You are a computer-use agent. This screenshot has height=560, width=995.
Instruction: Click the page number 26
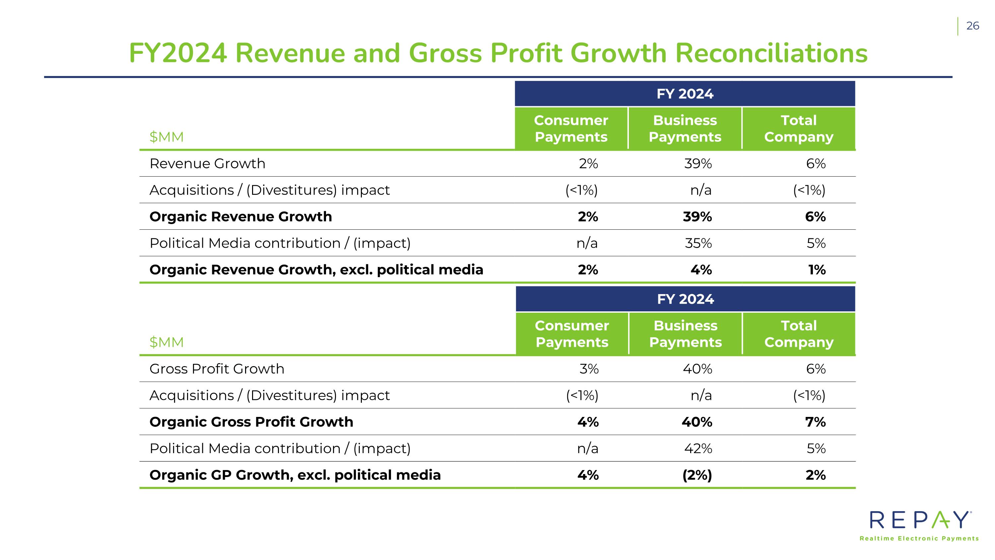[x=972, y=26]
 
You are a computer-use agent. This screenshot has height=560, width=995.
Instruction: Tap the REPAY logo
[x=920, y=520]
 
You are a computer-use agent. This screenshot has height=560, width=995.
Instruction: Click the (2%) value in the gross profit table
[x=697, y=475]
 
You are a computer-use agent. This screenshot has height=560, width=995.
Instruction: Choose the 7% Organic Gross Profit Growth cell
[x=815, y=422]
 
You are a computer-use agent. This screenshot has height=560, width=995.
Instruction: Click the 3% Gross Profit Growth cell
[x=589, y=369]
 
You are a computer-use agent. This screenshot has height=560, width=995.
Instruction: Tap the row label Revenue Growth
[x=207, y=163]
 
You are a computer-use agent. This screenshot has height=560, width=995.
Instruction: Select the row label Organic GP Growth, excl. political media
[x=295, y=475]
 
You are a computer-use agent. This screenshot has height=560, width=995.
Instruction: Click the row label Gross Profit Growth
[x=217, y=369]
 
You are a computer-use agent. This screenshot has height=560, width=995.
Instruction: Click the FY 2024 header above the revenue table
[x=685, y=94]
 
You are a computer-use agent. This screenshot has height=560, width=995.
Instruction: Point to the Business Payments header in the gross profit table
[x=685, y=334]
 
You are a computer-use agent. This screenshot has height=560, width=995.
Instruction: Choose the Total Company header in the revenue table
[x=798, y=129]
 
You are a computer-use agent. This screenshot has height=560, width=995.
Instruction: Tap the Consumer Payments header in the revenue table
[x=571, y=129]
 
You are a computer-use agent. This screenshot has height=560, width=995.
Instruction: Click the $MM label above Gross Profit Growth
[x=166, y=342]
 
